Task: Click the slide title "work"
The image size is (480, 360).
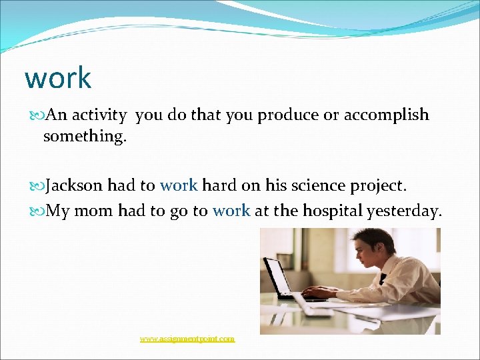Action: click(57, 78)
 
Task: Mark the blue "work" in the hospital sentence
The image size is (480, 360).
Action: click(231, 211)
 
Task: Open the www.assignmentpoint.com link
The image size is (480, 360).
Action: click(187, 339)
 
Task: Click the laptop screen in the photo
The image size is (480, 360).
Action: click(278, 277)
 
